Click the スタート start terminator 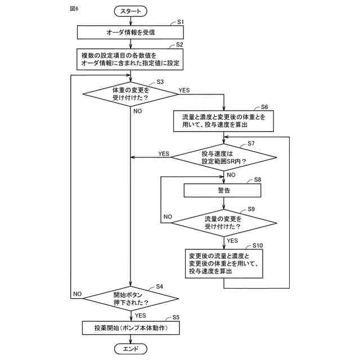(130, 11)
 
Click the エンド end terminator (130, 349)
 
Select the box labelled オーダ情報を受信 (130, 32)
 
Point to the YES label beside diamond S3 (184, 90)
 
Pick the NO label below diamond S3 (138, 111)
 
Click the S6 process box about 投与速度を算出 (223, 120)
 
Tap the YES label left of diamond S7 (164, 154)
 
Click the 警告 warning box (223, 191)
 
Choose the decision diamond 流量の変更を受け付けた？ (223, 222)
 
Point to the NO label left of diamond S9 (168, 217)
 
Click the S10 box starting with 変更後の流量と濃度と (223, 263)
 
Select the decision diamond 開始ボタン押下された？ (130, 298)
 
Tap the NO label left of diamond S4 (78, 294)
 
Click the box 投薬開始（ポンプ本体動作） (130, 327)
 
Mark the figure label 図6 (74, 9)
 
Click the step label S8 (258, 179)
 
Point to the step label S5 (176, 318)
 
